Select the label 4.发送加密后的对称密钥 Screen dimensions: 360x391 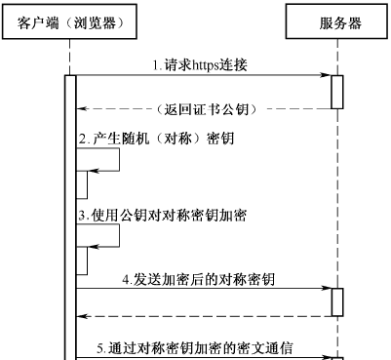199,279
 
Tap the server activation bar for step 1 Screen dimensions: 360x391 337,92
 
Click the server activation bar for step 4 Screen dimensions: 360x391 337,301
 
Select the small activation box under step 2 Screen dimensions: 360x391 82,185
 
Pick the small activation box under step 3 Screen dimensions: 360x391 82,260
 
